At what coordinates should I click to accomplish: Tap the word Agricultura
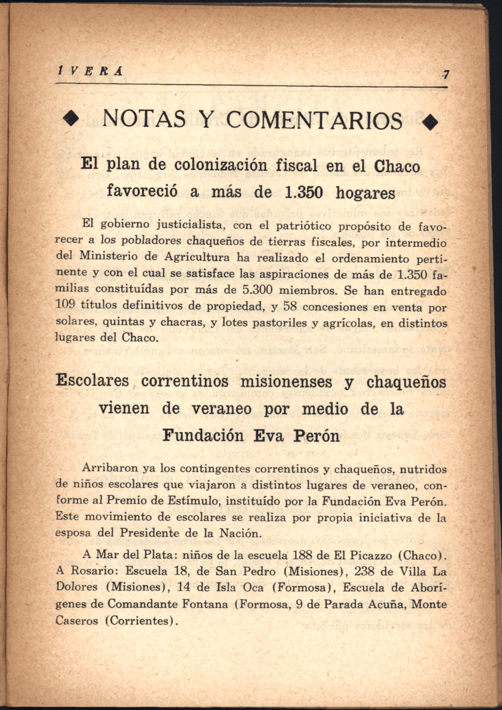pyautogui.click(x=197, y=257)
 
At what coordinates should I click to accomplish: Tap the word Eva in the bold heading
pyautogui.click(x=268, y=436)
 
